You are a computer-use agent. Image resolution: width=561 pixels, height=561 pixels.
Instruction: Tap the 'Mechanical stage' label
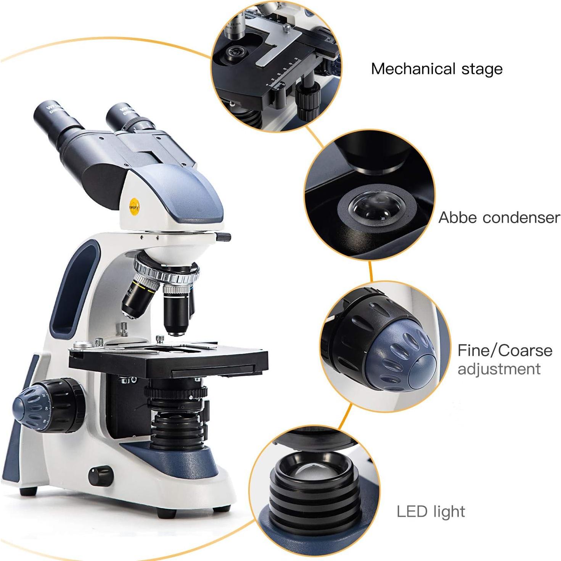tap(437, 69)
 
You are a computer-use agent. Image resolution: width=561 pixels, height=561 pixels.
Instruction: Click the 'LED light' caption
tap(431, 512)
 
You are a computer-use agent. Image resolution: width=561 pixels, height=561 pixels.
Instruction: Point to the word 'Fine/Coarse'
tap(505, 350)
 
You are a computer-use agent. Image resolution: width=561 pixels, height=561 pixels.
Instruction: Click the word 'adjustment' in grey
tap(499, 369)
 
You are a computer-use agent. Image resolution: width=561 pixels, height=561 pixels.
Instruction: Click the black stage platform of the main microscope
tap(168, 360)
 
